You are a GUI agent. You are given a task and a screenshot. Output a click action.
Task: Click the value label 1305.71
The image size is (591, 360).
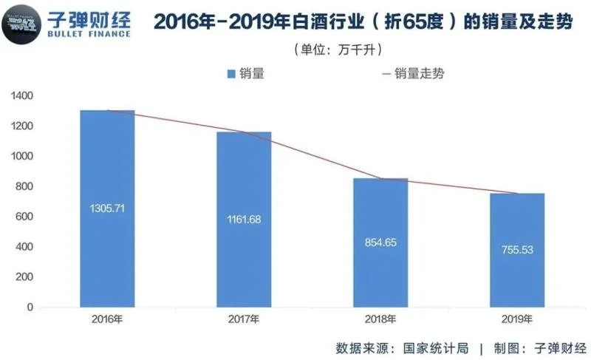click(108, 208)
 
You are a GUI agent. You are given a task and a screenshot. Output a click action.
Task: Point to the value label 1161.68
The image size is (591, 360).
click(244, 220)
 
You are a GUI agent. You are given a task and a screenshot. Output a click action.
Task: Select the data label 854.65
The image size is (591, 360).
click(380, 242)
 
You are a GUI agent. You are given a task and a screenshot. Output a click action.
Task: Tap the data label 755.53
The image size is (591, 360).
click(517, 250)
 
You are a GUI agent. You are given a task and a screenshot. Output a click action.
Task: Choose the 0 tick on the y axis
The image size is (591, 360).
click(30, 307)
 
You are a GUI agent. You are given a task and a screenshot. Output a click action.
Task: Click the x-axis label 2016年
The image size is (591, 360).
click(108, 319)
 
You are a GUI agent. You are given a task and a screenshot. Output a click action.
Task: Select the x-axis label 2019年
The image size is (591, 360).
click(517, 319)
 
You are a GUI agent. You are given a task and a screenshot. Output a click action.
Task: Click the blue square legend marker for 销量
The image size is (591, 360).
click(231, 73)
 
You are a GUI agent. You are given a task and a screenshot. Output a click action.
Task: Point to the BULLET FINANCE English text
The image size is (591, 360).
click(88, 33)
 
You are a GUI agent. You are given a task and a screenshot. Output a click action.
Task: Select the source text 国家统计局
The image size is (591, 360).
click(435, 347)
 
